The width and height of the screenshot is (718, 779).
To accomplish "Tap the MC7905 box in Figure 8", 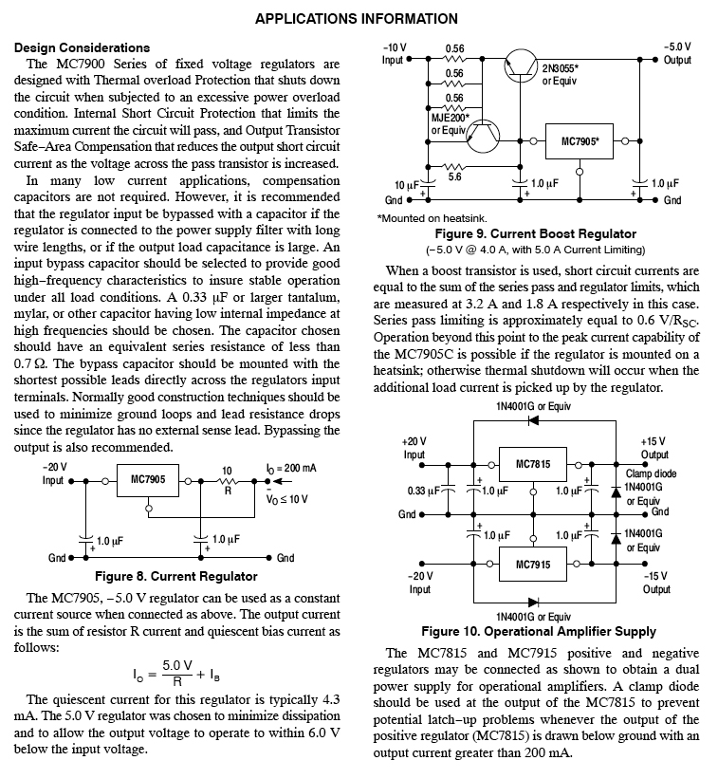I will tap(147, 480).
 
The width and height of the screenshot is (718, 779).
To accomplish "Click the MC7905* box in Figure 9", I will tap(581, 141).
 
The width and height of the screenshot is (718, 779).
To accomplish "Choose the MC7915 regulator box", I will tap(533, 565).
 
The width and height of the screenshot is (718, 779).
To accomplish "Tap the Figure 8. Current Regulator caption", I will tap(175, 576).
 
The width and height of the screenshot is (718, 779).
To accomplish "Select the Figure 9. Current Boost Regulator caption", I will tap(535, 233).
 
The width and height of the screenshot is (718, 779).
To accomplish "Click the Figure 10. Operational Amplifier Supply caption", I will tap(538, 631).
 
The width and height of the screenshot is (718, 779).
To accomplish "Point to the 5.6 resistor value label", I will tap(454, 176).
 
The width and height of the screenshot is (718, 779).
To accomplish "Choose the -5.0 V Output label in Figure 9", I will tap(677, 53).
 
